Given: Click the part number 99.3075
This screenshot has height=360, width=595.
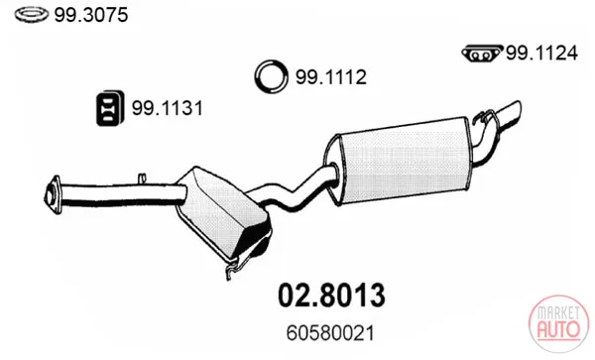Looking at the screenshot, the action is pyautogui.click(x=91, y=15).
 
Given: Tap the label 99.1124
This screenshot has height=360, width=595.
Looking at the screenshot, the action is pyautogui.click(x=541, y=53).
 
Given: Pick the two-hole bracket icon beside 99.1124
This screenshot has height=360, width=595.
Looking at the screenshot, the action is pyautogui.click(x=482, y=54).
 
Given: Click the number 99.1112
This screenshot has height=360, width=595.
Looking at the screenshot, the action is pyautogui.click(x=331, y=77).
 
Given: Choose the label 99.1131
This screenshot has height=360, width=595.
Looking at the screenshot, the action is pyautogui.click(x=167, y=108).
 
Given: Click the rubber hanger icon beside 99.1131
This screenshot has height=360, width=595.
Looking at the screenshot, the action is pyautogui.click(x=110, y=108).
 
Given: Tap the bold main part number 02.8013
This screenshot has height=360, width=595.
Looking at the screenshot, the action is pyautogui.click(x=331, y=296).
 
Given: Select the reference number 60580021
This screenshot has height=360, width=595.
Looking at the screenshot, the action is pyautogui.click(x=330, y=333).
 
